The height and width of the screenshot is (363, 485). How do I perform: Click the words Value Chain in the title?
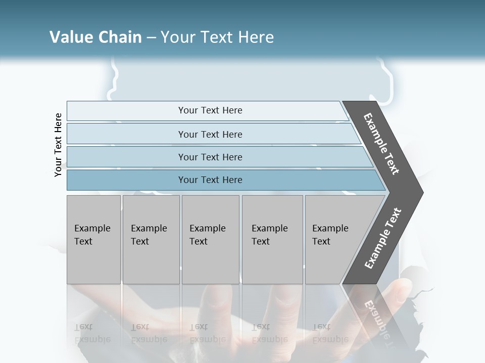(95, 37)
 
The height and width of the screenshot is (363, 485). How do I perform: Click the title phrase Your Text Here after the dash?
(217, 37)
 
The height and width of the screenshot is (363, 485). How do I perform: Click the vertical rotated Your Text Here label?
(58, 145)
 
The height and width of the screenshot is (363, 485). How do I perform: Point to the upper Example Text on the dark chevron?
(381, 144)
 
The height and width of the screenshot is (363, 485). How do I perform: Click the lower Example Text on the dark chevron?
(382, 238)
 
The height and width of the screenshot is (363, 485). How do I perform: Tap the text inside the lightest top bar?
(210, 110)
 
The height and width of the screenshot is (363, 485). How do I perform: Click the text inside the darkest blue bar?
(210, 180)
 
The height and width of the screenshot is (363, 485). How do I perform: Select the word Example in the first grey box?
(92, 228)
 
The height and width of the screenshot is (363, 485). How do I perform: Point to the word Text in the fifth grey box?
(321, 241)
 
